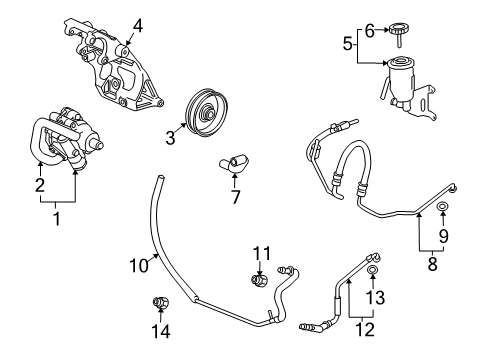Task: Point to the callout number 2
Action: (x=40, y=184)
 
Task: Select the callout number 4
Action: (x=139, y=26)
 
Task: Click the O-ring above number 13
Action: (x=372, y=270)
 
